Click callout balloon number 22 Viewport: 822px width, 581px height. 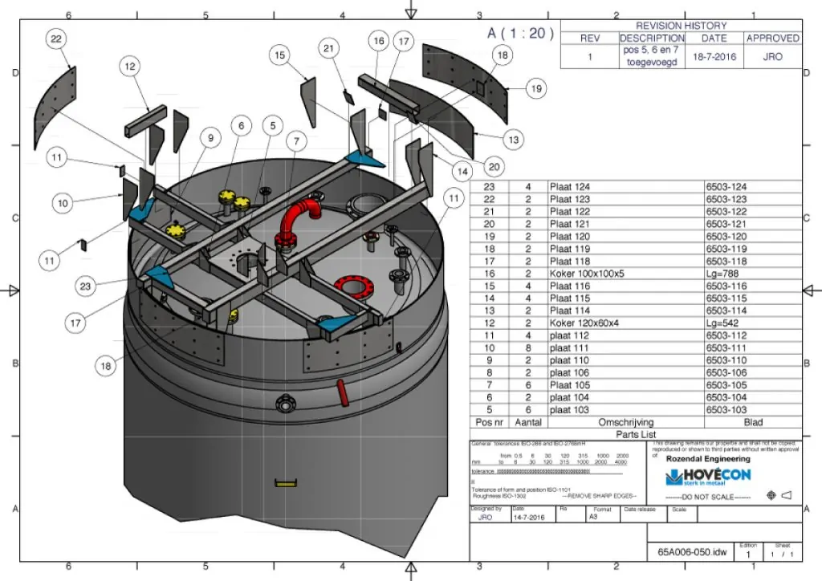pos(55,39)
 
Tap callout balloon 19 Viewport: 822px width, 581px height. pos(535,89)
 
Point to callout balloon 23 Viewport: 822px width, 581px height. pos(87,285)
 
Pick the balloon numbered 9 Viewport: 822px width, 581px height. pos(210,138)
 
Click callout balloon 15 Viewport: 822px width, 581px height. pos(279,55)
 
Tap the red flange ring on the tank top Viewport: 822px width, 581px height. pos(350,285)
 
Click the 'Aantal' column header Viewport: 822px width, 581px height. pos(528,422)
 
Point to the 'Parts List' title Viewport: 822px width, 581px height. pos(636,434)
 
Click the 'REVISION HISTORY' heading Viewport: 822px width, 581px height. pos(682,26)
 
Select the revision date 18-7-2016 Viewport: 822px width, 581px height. pos(714,57)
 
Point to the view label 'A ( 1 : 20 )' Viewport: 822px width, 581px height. pos(520,33)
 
